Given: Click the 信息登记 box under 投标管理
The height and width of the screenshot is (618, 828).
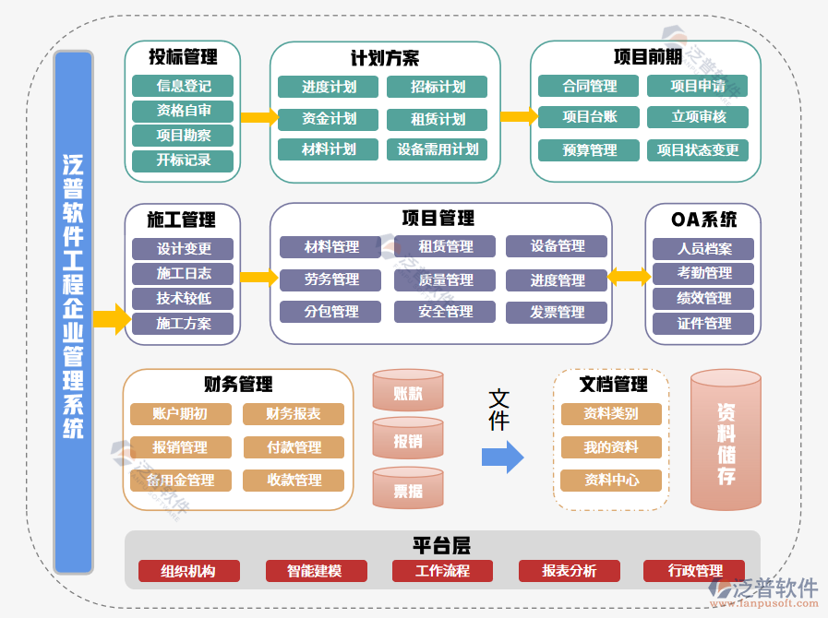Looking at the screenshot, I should (x=183, y=87).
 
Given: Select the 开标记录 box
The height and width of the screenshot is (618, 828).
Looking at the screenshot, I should (x=183, y=160).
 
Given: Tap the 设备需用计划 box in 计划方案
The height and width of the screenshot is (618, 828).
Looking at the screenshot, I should (x=438, y=149).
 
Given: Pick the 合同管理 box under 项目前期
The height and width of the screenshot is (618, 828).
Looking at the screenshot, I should (x=589, y=87).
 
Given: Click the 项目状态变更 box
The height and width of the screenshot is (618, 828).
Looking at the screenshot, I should (x=698, y=150).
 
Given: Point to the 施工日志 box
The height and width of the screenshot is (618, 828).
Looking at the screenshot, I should (x=183, y=274).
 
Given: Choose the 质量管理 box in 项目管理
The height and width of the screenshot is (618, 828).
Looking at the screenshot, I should (x=445, y=280).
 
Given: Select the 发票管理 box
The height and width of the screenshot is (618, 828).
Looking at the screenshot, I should (x=557, y=313).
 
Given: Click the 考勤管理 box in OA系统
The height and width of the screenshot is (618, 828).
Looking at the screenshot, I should (x=703, y=274).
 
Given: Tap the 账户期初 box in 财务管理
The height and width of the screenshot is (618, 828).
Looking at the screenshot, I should (x=180, y=414).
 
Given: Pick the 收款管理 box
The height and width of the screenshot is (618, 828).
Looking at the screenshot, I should (x=294, y=481).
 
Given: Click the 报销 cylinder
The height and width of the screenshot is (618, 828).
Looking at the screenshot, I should (x=408, y=441).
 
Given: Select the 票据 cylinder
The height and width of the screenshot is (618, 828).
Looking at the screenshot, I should (x=408, y=490).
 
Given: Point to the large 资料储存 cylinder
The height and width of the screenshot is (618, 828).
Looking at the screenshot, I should (x=726, y=441).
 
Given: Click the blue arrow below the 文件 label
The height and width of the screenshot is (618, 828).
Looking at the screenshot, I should (x=502, y=457).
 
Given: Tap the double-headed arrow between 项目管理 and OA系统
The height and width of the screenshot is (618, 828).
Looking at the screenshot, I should (x=629, y=276).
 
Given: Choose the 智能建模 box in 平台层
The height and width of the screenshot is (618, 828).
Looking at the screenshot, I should (x=316, y=571).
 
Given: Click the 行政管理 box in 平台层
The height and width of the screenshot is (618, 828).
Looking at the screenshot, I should (x=694, y=571).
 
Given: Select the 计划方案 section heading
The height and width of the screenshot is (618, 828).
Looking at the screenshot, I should (x=385, y=58).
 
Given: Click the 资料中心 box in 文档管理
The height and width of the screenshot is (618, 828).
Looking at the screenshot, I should (x=611, y=481).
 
